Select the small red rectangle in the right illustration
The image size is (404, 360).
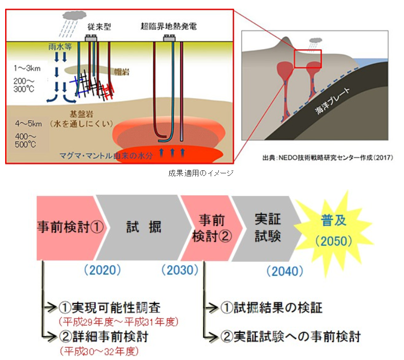click(307, 59)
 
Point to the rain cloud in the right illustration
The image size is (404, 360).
click(316, 40)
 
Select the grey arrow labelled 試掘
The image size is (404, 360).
click(143, 227)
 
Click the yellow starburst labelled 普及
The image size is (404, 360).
click(333, 228)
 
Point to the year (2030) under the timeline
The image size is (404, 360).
click(179, 269)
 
